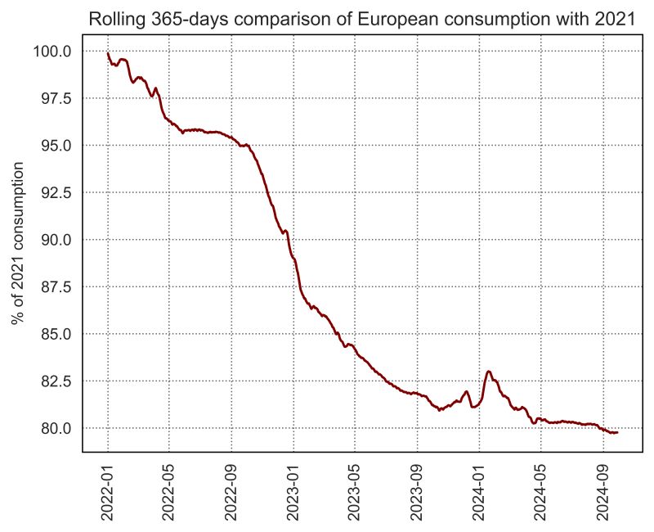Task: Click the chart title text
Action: [x=361, y=20]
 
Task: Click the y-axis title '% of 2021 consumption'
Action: [x=18, y=243]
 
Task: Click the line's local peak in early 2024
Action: [x=489, y=372]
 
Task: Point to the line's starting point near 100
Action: [x=108, y=54]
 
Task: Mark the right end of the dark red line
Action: [x=617, y=432]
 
